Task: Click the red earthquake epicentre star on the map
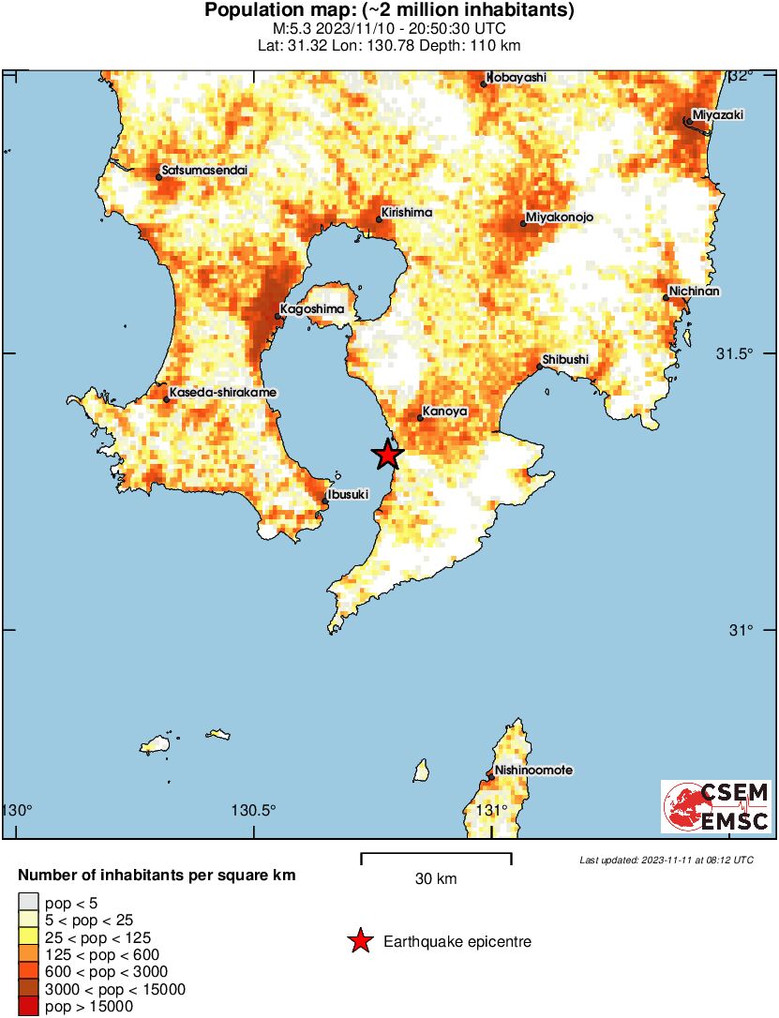(x=386, y=455)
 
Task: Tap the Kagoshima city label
(x=312, y=308)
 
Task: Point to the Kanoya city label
(x=443, y=411)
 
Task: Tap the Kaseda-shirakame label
(x=211, y=392)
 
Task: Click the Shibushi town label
(x=566, y=359)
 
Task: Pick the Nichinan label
(x=695, y=291)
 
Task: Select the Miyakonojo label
(x=561, y=217)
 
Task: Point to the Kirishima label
(x=407, y=212)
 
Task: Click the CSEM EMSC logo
(x=717, y=806)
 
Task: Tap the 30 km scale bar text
(x=436, y=878)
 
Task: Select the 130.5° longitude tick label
(x=253, y=810)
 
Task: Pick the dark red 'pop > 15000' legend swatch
(x=27, y=1007)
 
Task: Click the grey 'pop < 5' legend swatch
(x=27, y=902)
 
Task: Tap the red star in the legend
(x=359, y=941)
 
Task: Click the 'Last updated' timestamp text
(x=666, y=860)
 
